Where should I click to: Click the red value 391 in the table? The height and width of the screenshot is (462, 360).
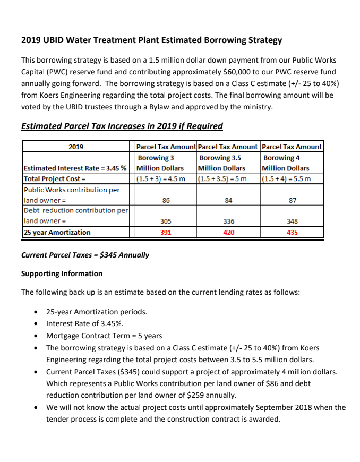pyautogui.click(x=166, y=233)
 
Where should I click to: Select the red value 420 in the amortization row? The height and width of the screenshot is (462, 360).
pyautogui.click(x=229, y=233)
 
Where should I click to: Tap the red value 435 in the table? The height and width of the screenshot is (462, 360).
pyautogui.click(x=292, y=233)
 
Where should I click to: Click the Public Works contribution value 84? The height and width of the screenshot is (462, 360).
pyautogui.click(x=229, y=201)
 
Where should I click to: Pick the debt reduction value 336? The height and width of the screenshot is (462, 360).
pyautogui.click(x=229, y=221)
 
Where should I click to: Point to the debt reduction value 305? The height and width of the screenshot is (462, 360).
pyautogui.click(x=166, y=221)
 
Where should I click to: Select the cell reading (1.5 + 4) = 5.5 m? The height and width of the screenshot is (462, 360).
pyautogui.click(x=286, y=178)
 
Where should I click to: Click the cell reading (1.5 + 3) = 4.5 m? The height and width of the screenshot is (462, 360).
pyautogui.click(x=161, y=178)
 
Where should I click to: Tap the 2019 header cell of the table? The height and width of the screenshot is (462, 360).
pyautogui.click(x=76, y=147)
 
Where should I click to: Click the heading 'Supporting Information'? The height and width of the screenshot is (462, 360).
pyautogui.click(x=62, y=273)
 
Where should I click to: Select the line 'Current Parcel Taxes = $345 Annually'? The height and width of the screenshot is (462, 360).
pyautogui.click(x=85, y=255)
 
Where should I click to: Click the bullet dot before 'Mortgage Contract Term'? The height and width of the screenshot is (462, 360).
pyautogui.click(x=36, y=336)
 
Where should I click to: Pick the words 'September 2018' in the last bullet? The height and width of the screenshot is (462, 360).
pyautogui.click(x=268, y=408)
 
